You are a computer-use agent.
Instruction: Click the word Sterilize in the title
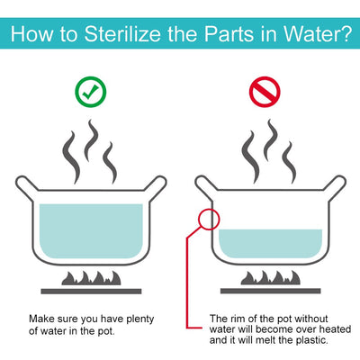coord(122,33)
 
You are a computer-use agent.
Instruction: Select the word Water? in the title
coord(318,33)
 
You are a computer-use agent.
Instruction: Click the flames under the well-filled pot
coord(91,278)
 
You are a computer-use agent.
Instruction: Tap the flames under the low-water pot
coord(270,278)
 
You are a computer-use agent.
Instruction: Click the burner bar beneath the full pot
coord(91,292)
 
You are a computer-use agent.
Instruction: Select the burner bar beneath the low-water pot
coord(271,292)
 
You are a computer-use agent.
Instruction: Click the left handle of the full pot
coord(25,186)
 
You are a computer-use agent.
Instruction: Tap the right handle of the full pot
coord(156,186)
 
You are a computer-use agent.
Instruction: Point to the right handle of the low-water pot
coord(336,186)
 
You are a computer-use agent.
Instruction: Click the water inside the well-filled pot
coord(91,231)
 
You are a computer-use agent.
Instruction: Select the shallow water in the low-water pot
coord(270,244)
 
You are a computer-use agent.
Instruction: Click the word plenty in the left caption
coord(140,319)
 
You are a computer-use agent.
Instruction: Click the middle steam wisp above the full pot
coord(91,139)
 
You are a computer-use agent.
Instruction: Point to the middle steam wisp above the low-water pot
coord(271,139)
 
